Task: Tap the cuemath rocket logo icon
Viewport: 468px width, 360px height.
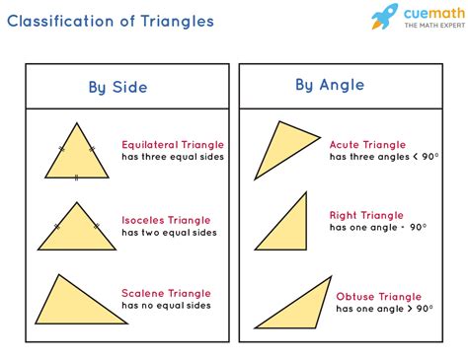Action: (385, 18)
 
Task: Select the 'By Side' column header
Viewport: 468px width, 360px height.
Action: (117, 88)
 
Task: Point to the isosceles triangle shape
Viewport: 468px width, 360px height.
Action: (76, 230)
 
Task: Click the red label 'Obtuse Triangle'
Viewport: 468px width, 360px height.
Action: (378, 296)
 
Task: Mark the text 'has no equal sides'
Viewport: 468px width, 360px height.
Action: (167, 306)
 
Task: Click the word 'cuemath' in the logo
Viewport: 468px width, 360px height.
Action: (428, 14)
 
